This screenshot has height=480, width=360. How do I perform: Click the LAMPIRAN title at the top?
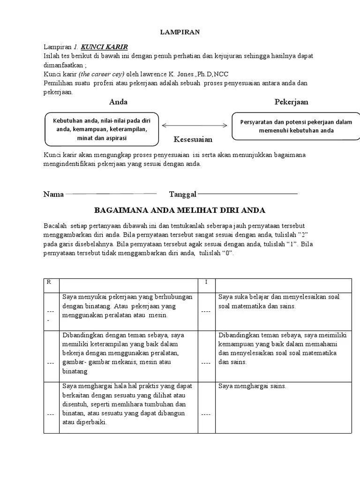point(180,32)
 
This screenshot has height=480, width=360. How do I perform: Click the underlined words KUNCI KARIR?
point(104,47)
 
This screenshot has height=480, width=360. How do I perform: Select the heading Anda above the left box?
point(118,102)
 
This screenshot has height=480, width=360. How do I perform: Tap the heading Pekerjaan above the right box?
point(291,102)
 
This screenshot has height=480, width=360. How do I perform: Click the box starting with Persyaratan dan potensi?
point(296,126)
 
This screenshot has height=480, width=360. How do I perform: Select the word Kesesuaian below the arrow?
point(193,139)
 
